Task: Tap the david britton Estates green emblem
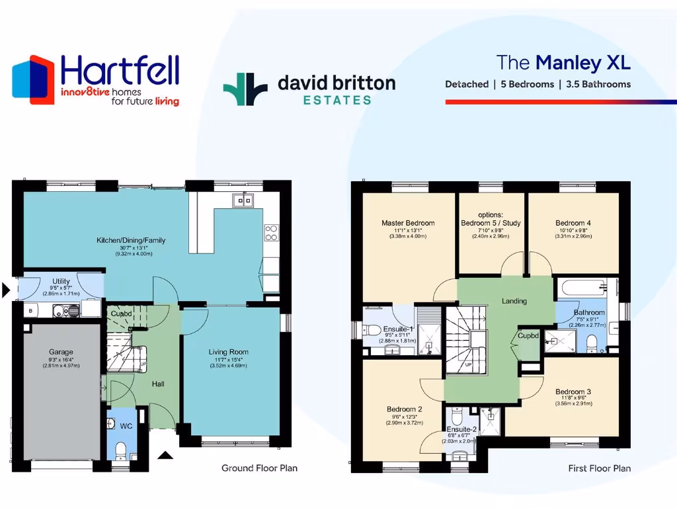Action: click(x=245, y=89)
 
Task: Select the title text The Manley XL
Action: click(x=563, y=63)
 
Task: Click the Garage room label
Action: click(x=61, y=352)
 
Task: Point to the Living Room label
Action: click(x=227, y=352)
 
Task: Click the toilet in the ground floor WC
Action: click(x=121, y=451)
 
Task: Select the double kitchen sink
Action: click(x=243, y=200)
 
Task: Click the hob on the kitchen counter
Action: click(x=271, y=232)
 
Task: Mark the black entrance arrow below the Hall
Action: click(x=165, y=454)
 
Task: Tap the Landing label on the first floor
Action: click(x=514, y=301)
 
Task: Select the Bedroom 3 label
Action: click(x=573, y=392)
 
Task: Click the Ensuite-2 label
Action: click(x=459, y=429)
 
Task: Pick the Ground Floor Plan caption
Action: click(x=259, y=468)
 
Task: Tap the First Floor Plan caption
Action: click(x=599, y=468)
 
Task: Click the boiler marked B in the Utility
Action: click(x=30, y=310)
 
